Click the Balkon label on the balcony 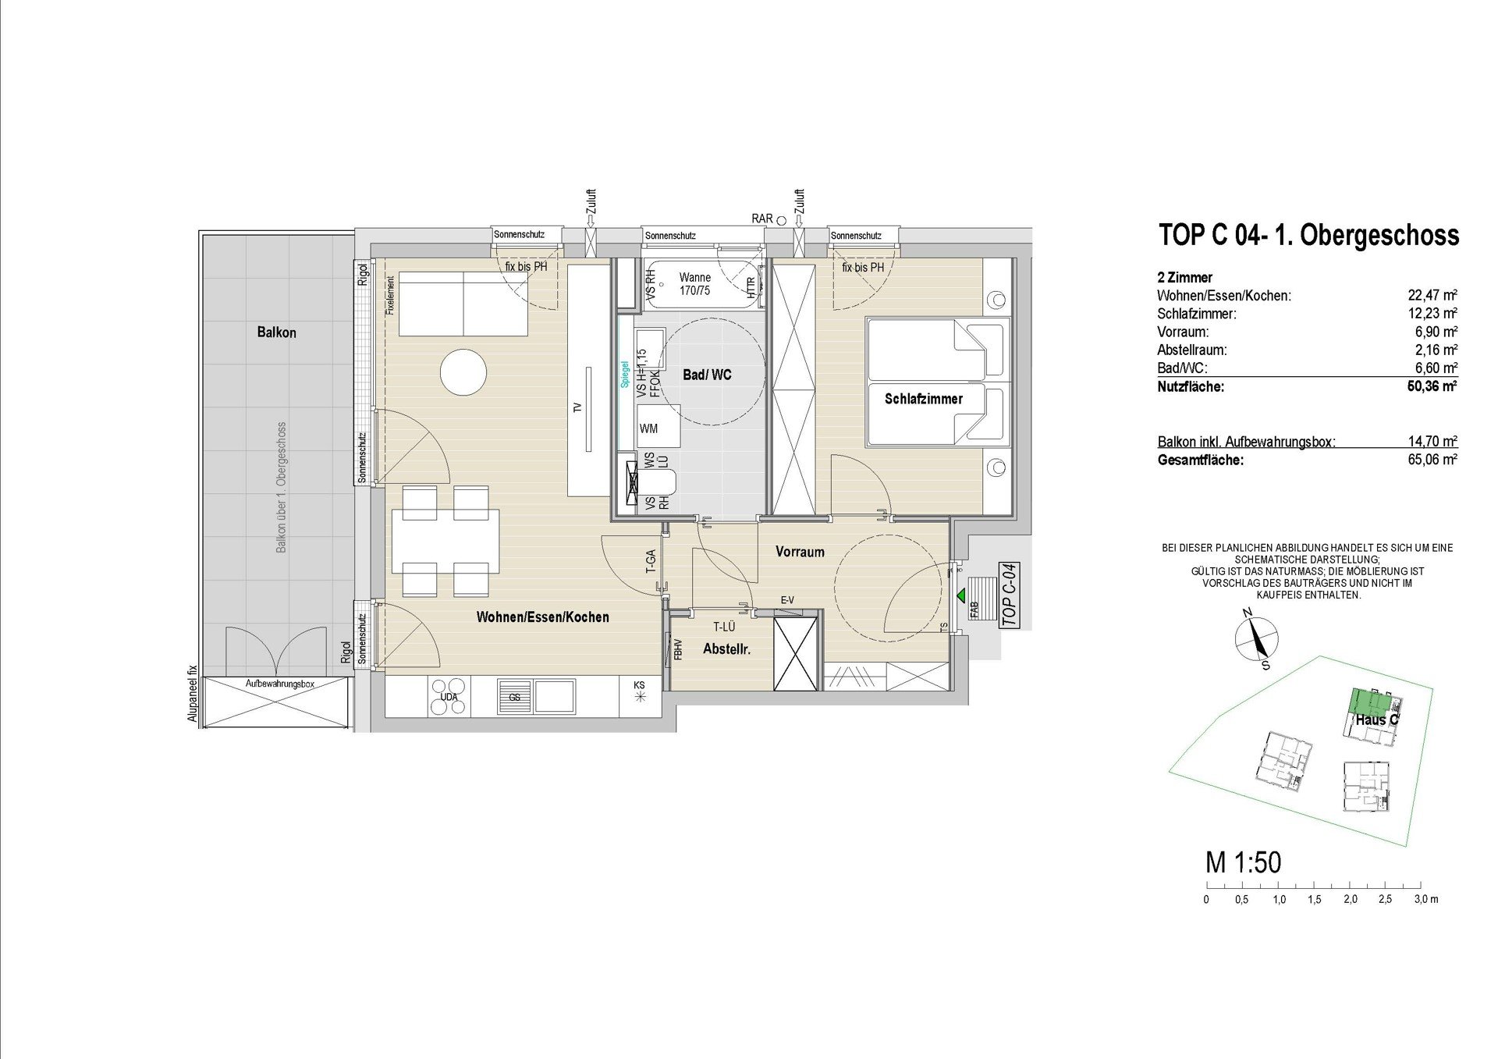pyautogui.click(x=276, y=332)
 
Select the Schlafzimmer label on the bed pyautogui.click(x=924, y=399)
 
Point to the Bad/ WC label pyautogui.click(x=707, y=375)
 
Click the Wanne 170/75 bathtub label pyautogui.click(x=694, y=284)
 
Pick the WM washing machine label pyautogui.click(x=648, y=428)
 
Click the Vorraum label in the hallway pyautogui.click(x=800, y=552)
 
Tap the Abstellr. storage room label pyautogui.click(x=726, y=649)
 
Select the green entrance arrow pyautogui.click(x=961, y=595)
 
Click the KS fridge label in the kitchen pyautogui.click(x=639, y=686)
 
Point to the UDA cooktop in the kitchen pyautogui.click(x=449, y=697)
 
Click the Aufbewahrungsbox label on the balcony pyautogui.click(x=279, y=684)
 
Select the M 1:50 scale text pyautogui.click(x=1244, y=862)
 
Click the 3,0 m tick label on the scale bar pyautogui.click(x=1426, y=899)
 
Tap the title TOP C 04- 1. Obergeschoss pyautogui.click(x=1308, y=235)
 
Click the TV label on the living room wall pyautogui.click(x=578, y=407)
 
